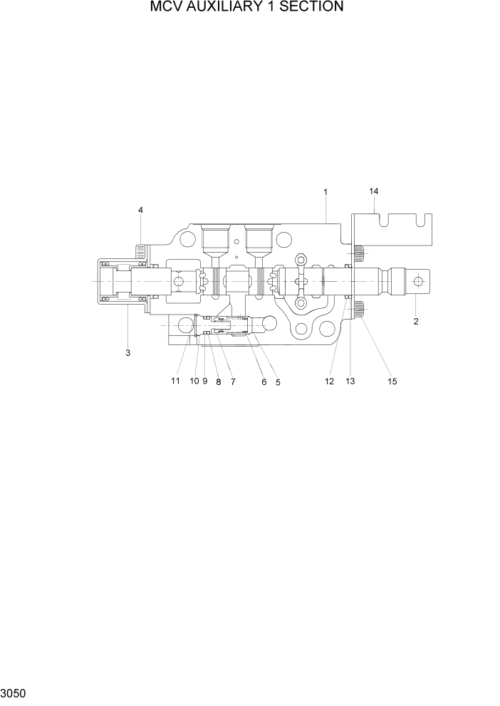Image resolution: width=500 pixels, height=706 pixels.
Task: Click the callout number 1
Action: [325, 192]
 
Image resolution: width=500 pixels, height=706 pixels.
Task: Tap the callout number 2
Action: [416, 321]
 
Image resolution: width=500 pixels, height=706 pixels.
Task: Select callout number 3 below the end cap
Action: [128, 353]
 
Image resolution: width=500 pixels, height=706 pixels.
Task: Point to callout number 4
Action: [140, 209]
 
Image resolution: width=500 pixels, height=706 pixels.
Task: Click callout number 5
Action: [278, 382]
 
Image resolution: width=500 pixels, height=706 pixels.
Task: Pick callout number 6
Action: [264, 382]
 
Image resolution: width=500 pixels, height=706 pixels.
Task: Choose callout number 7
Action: [233, 382]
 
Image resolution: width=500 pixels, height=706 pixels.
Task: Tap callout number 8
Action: [218, 382]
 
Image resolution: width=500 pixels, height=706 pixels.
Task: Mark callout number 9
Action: [204, 381]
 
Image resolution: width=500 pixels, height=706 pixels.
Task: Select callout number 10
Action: [194, 381]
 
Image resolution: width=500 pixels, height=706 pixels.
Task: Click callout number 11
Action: [175, 381]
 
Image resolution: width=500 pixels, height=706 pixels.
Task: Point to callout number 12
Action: [329, 381]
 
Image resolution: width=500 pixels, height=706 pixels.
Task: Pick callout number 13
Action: [350, 381]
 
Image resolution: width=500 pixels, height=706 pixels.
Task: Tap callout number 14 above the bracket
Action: [373, 191]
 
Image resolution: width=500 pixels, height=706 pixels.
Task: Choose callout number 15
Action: [392, 381]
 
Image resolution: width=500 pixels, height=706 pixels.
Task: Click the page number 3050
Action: [14, 692]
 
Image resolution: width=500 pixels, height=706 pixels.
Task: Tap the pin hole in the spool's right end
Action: [418, 281]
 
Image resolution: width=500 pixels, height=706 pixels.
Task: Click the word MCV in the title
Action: [165, 7]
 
